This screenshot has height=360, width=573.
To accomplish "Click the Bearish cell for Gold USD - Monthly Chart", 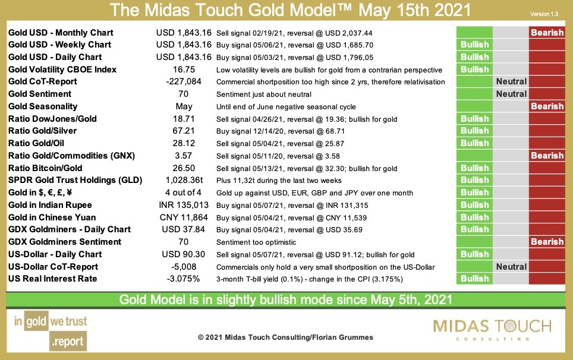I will pyautogui.click(x=547, y=33).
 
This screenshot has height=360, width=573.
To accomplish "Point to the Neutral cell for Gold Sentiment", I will pyautogui.click(x=511, y=94).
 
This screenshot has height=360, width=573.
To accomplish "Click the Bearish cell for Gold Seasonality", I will pyautogui.click(x=547, y=106).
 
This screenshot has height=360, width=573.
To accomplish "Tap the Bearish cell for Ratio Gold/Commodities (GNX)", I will pyautogui.click(x=547, y=156).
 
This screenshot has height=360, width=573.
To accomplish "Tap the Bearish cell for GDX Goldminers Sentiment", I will pyautogui.click(x=547, y=242).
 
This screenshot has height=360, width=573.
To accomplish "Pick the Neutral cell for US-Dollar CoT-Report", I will pyautogui.click(x=511, y=267).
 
